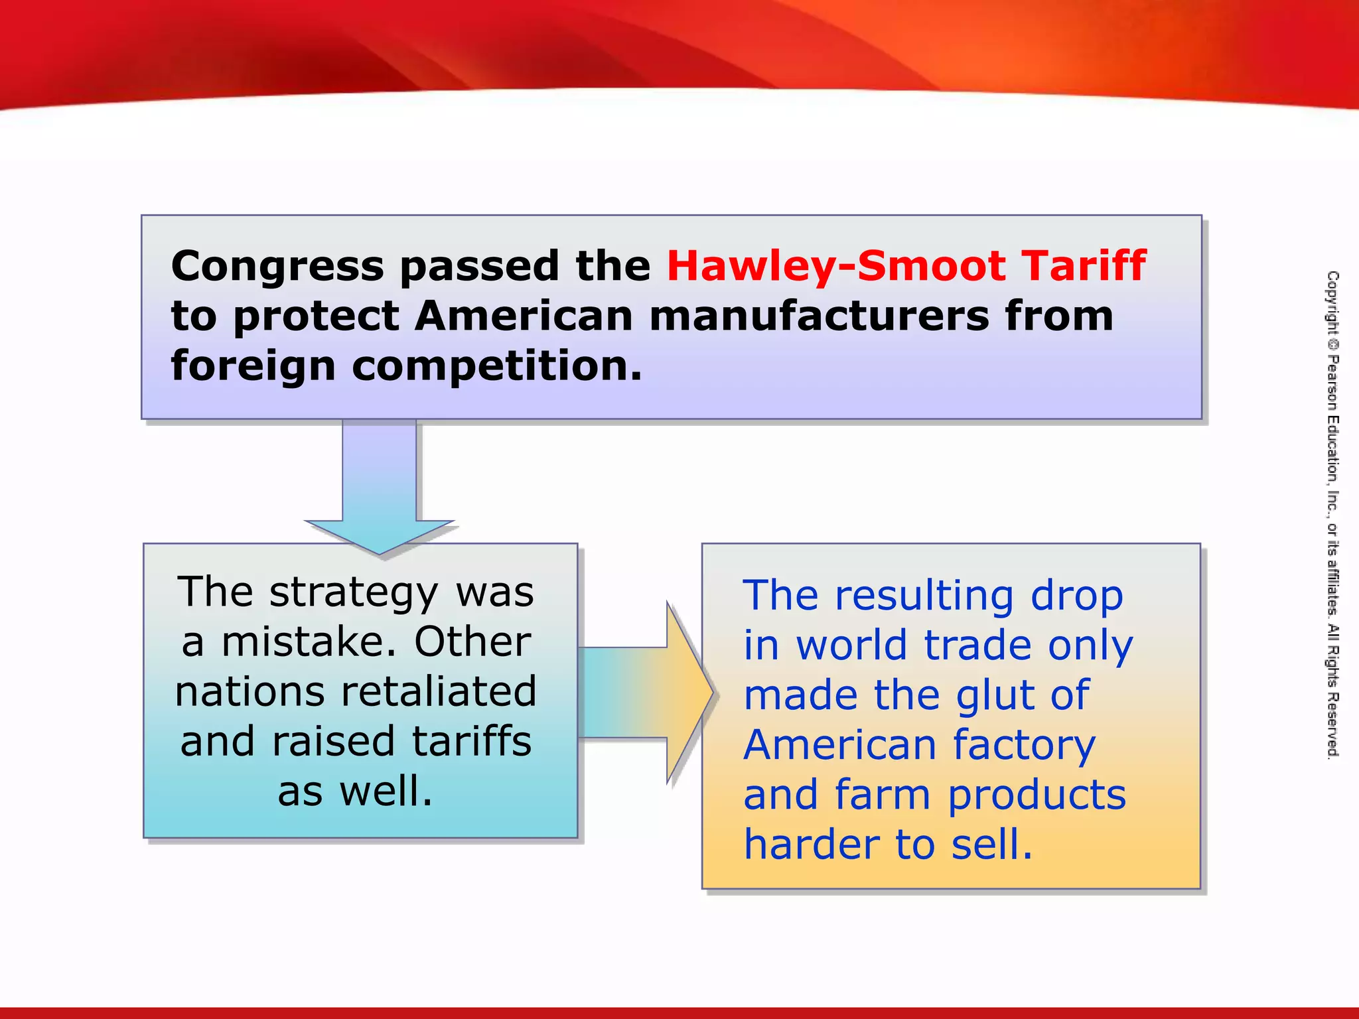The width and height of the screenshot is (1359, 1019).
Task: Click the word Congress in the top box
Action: pyautogui.click(x=277, y=267)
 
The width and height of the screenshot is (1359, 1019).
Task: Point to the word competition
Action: pyautogui.click(x=496, y=366)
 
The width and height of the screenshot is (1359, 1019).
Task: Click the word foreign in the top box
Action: pyautogui.click(x=253, y=366)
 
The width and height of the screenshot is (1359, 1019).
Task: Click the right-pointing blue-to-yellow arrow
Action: pyautogui.click(x=644, y=693)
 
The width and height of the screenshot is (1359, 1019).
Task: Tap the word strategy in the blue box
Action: pyautogui.click(x=354, y=592)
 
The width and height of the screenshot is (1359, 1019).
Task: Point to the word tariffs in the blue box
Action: pyautogui.click(x=472, y=742)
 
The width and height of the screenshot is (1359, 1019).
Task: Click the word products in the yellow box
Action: pyautogui.click(x=1037, y=795)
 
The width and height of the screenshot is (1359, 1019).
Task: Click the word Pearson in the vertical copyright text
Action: pyautogui.click(x=1332, y=382)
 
